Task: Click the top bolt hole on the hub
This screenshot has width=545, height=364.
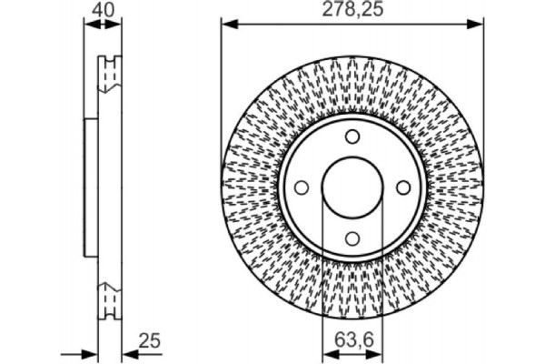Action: [352, 136]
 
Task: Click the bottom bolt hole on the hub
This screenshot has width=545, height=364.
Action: [352, 239]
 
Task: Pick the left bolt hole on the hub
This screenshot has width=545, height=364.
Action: [301, 187]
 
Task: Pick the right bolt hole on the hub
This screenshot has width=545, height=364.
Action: [402, 187]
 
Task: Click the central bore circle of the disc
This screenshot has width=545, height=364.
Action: [352, 187]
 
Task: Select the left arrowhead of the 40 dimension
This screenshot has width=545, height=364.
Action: [88, 25]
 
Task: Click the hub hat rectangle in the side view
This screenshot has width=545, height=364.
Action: [89, 187]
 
